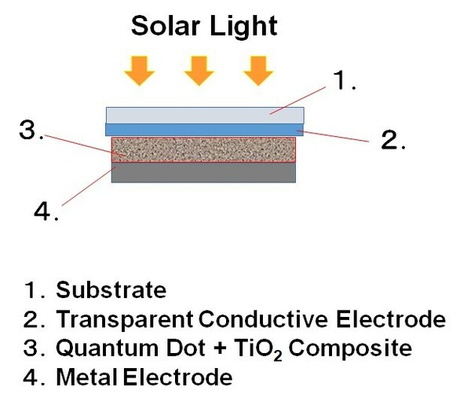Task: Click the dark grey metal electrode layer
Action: coord(203,172)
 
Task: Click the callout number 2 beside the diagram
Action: coord(390,141)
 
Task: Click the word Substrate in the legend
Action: coord(111,290)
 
